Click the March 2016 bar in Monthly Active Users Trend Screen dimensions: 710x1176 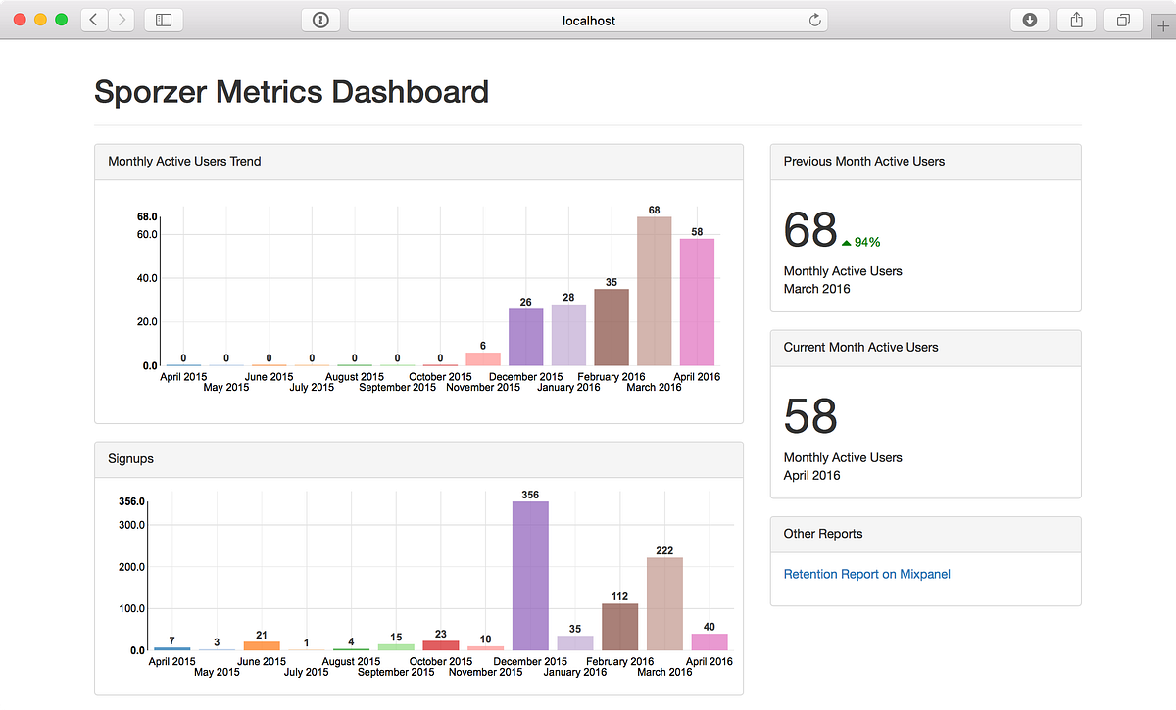click(x=654, y=291)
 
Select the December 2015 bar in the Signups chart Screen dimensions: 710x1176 click(x=530, y=576)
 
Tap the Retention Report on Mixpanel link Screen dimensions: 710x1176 click(x=866, y=574)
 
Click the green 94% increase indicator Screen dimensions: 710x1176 click(x=861, y=242)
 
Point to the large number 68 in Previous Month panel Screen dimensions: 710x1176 click(x=810, y=231)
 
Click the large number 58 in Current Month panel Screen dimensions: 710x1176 click(x=810, y=417)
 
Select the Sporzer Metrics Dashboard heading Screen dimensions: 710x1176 click(x=291, y=92)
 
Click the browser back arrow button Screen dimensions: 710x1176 click(x=94, y=20)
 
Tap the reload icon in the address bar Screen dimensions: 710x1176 click(x=814, y=20)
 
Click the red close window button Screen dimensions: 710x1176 click(x=20, y=20)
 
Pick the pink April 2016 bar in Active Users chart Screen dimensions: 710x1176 click(x=697, y=302)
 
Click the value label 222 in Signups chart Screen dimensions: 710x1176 click(x=664, y=550)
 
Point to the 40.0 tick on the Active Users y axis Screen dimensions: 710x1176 click(x=147, y=278)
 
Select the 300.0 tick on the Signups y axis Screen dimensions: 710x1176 click(x=132, y=525)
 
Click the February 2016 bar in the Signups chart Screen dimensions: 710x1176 click(x=619, y=627)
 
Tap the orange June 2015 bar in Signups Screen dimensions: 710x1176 click(x=262, y=646)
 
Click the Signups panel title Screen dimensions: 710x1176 click(x=130, y=458)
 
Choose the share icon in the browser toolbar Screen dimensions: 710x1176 click(x=1076, y=20)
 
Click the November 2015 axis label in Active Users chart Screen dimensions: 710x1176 click(x=483, y=388)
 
